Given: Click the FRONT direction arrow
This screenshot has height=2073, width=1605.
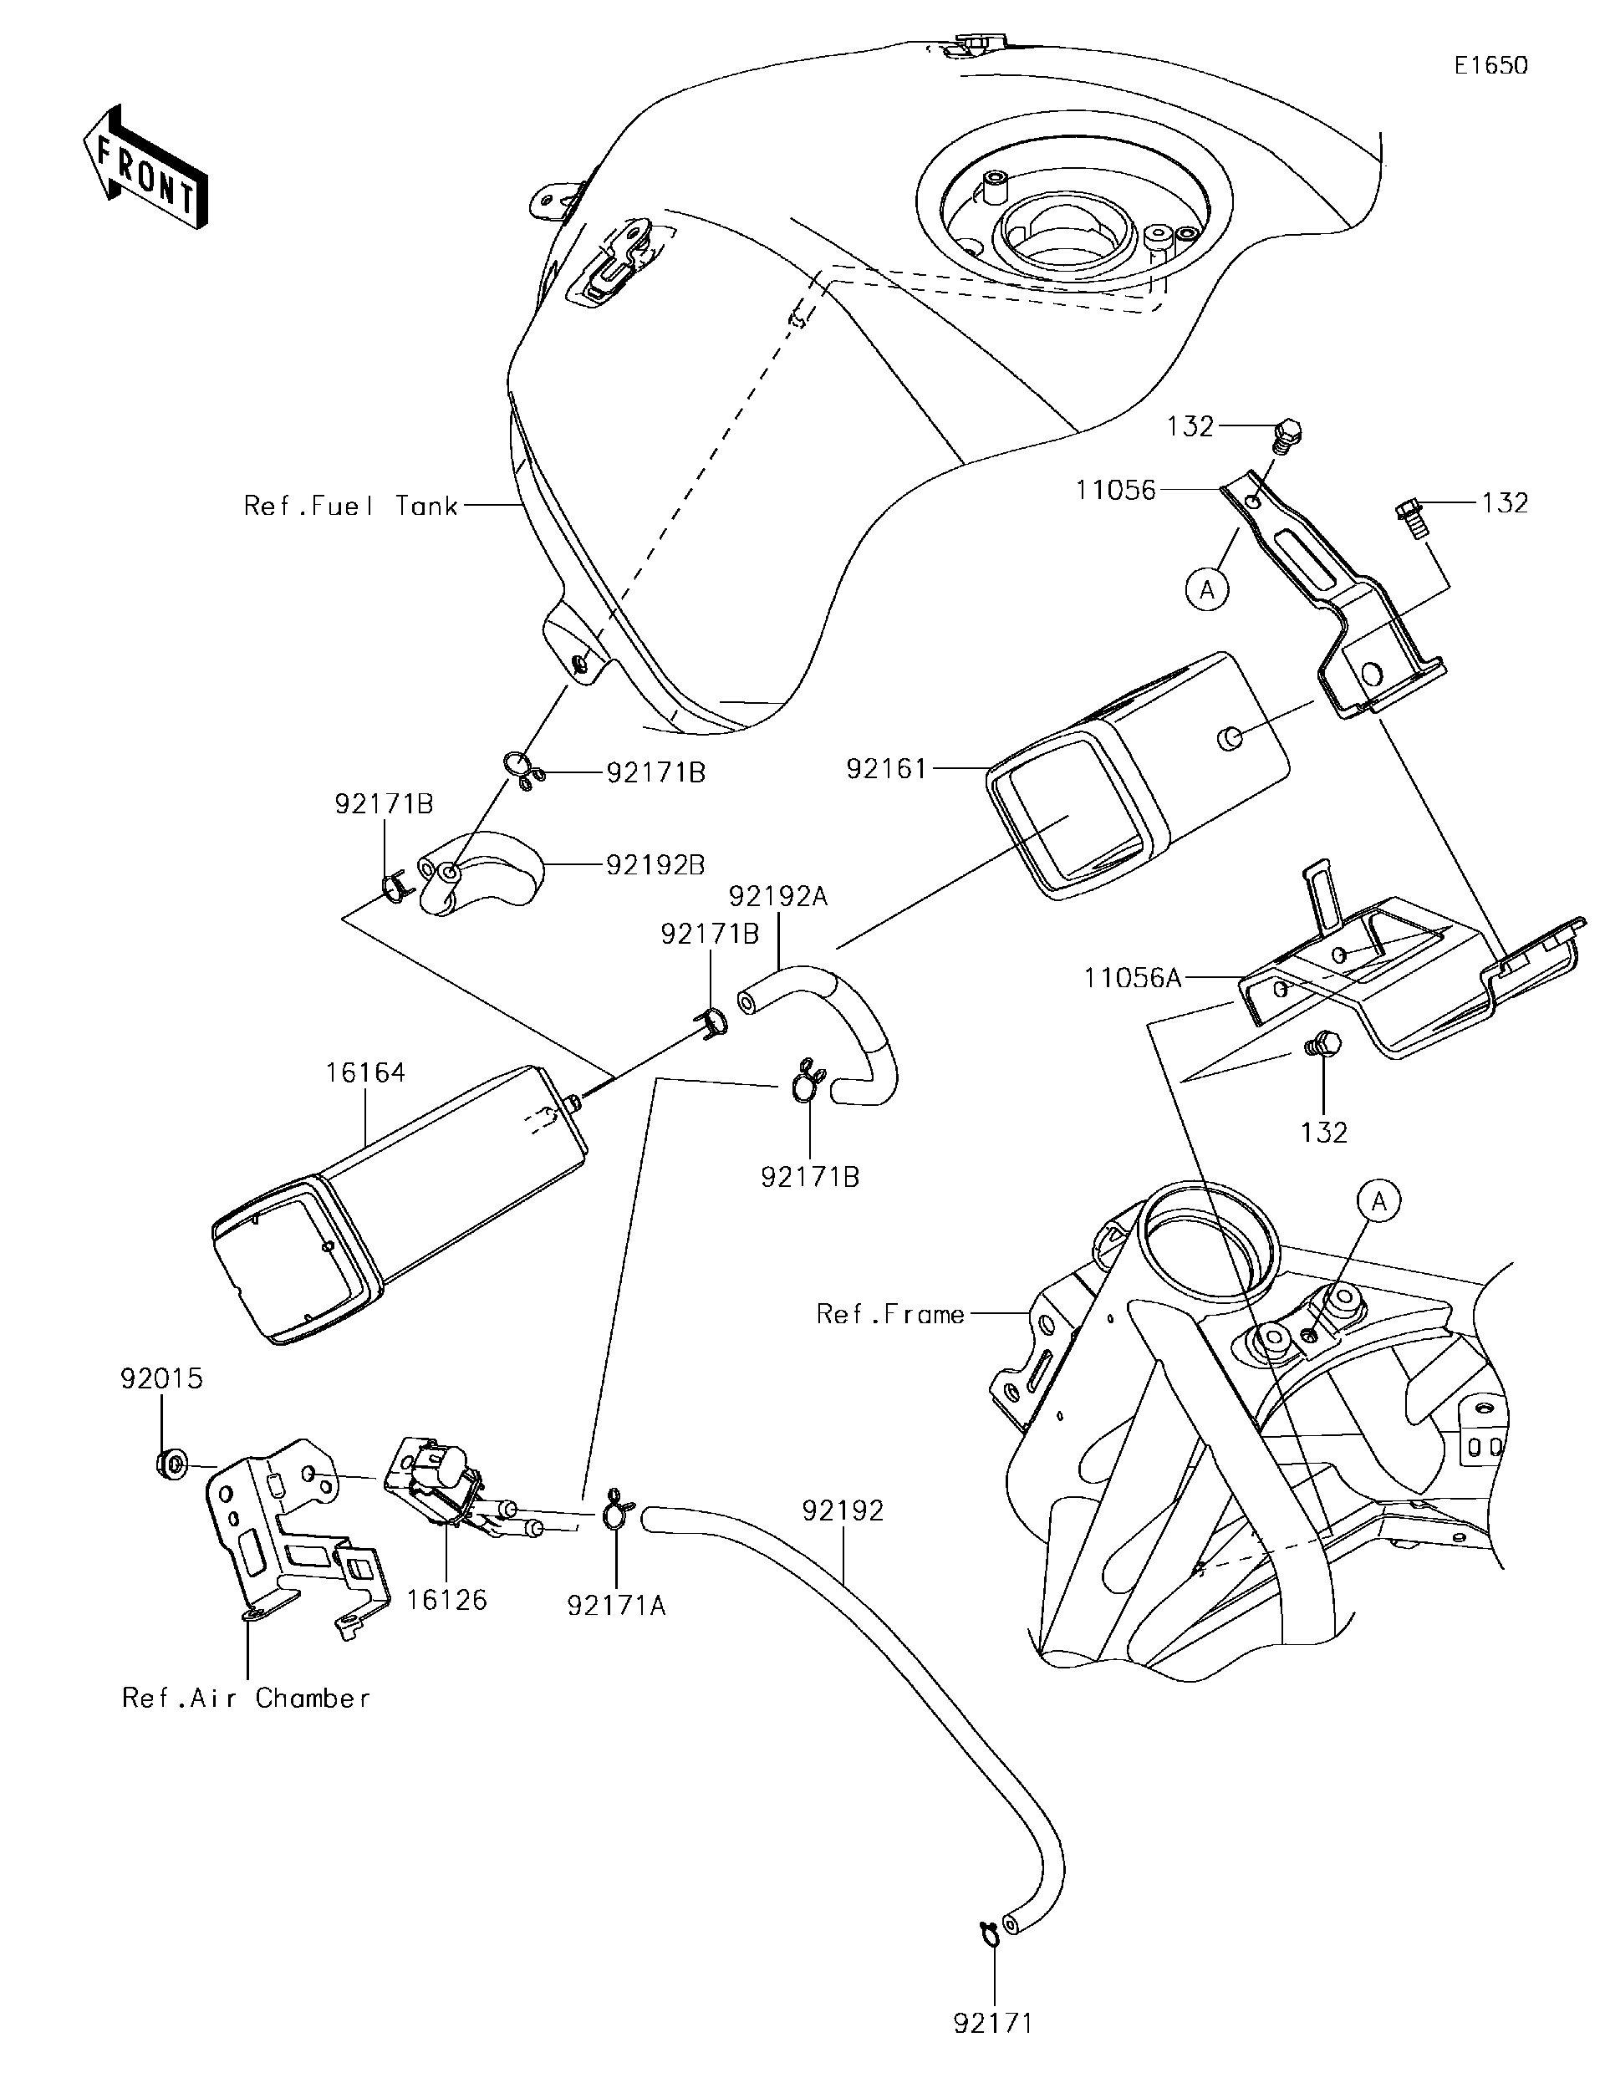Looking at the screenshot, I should click(x=145, y=167).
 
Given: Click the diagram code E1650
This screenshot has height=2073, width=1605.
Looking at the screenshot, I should click(x=1491, y=64).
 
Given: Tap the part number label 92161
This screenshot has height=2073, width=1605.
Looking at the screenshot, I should click(x=885, y=769).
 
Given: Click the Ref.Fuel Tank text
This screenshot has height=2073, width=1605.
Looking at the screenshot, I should click(x=351, y=506).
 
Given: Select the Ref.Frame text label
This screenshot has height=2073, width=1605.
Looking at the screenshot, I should click(x=890, y=1315).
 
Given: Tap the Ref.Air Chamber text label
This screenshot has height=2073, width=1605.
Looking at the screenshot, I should click(x=246, y=1698).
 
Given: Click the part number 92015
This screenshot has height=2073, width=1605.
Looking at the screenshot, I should click(x=161, y=1378).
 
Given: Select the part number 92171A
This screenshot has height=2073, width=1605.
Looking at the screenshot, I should click(x=617, y=1605).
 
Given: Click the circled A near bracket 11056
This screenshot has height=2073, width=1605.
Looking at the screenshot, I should click(x=1206, y=590).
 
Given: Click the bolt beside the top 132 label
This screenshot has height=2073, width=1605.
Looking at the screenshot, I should click(x=1285, y=436).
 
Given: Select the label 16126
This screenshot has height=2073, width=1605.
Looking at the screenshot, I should click(x=447, y=1601).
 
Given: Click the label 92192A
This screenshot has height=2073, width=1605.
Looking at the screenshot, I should click(x=778, y=896).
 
